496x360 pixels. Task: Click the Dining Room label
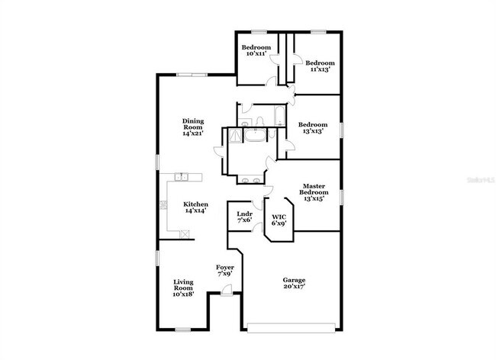click(192, 127)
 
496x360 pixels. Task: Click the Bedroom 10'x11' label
click(256, 50)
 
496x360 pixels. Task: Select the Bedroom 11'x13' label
click(320, 66)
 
